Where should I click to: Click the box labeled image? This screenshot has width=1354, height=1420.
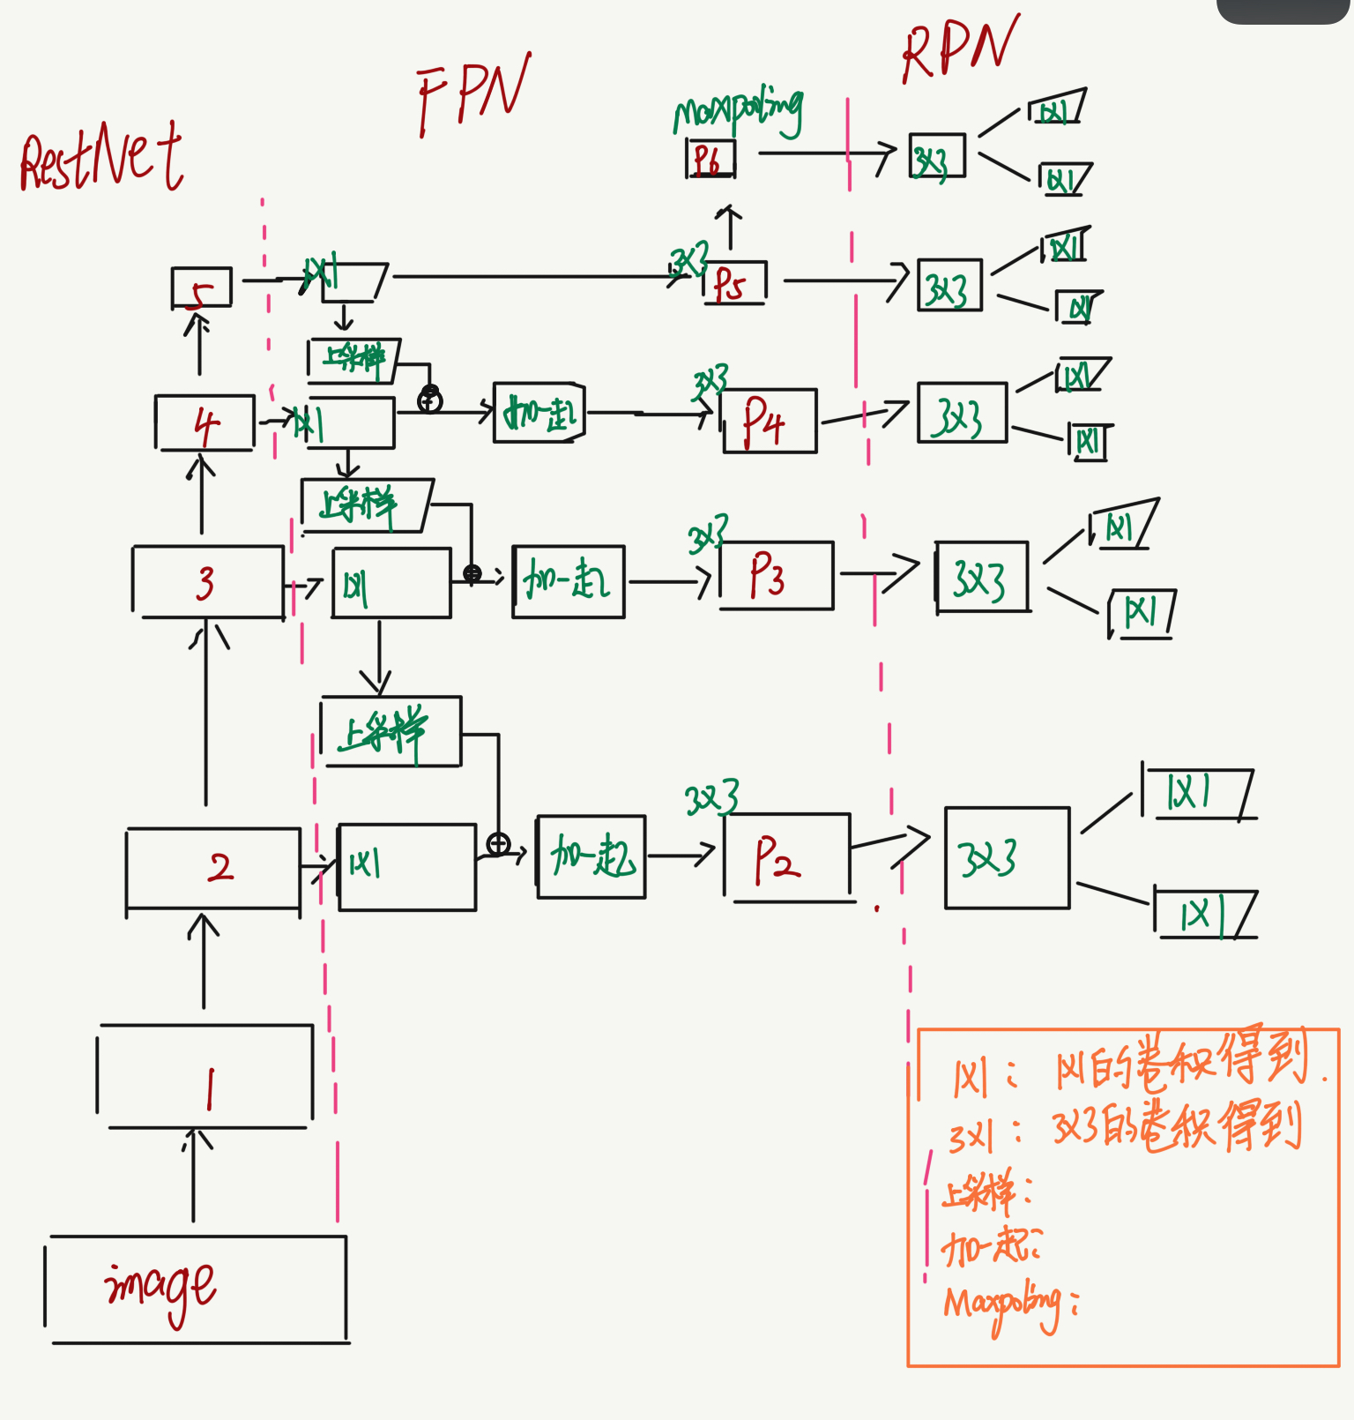tap(196, 1289)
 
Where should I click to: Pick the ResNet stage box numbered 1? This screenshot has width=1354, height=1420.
tap(205, 1076)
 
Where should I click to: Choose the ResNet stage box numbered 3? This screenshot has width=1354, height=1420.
tap(208, 582)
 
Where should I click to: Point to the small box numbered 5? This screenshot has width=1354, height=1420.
tap(202, 288)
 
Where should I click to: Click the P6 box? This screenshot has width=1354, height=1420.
tap(710, 160)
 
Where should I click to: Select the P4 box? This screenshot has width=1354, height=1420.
tap(770, 422)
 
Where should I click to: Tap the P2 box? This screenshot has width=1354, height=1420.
tap(787, 857)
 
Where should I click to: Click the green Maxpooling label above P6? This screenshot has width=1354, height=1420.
tap(739, 112)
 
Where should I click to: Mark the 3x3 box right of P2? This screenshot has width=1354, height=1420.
tap(1007, 857)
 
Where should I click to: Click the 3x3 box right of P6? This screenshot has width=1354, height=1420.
tap(937, 157)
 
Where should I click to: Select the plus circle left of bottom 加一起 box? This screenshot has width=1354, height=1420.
tap(498, 844)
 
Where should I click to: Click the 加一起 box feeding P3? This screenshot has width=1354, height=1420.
tap(569, 581)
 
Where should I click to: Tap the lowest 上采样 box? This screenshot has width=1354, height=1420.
tap(391, 732)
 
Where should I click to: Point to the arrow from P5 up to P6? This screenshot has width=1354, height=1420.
tap(729, 228)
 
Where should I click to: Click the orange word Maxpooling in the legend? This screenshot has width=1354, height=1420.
tap(1002, 1304)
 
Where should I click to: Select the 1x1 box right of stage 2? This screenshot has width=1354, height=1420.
tap(406, 866)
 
